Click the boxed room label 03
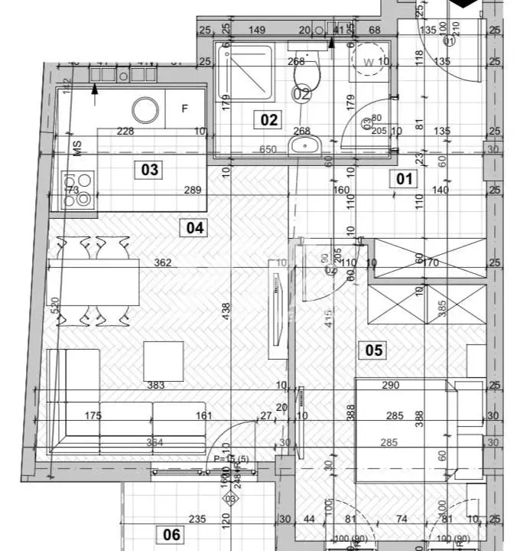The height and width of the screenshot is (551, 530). (150, 169)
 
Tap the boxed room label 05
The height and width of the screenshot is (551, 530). (374, 350)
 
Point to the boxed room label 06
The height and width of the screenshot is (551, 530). (172, 535)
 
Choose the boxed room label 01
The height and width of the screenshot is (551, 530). (404, 180)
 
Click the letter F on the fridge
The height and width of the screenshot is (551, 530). (184, 109)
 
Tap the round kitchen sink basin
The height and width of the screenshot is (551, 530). (145, 110)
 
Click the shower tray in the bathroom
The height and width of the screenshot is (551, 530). (245, 75)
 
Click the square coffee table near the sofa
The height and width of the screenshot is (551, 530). (164, 360)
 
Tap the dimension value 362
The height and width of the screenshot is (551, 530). (162, 262)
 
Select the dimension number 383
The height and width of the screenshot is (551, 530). (156, 386)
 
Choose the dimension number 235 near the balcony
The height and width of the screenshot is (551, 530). (197, 519)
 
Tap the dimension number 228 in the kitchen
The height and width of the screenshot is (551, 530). (125, 131)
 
